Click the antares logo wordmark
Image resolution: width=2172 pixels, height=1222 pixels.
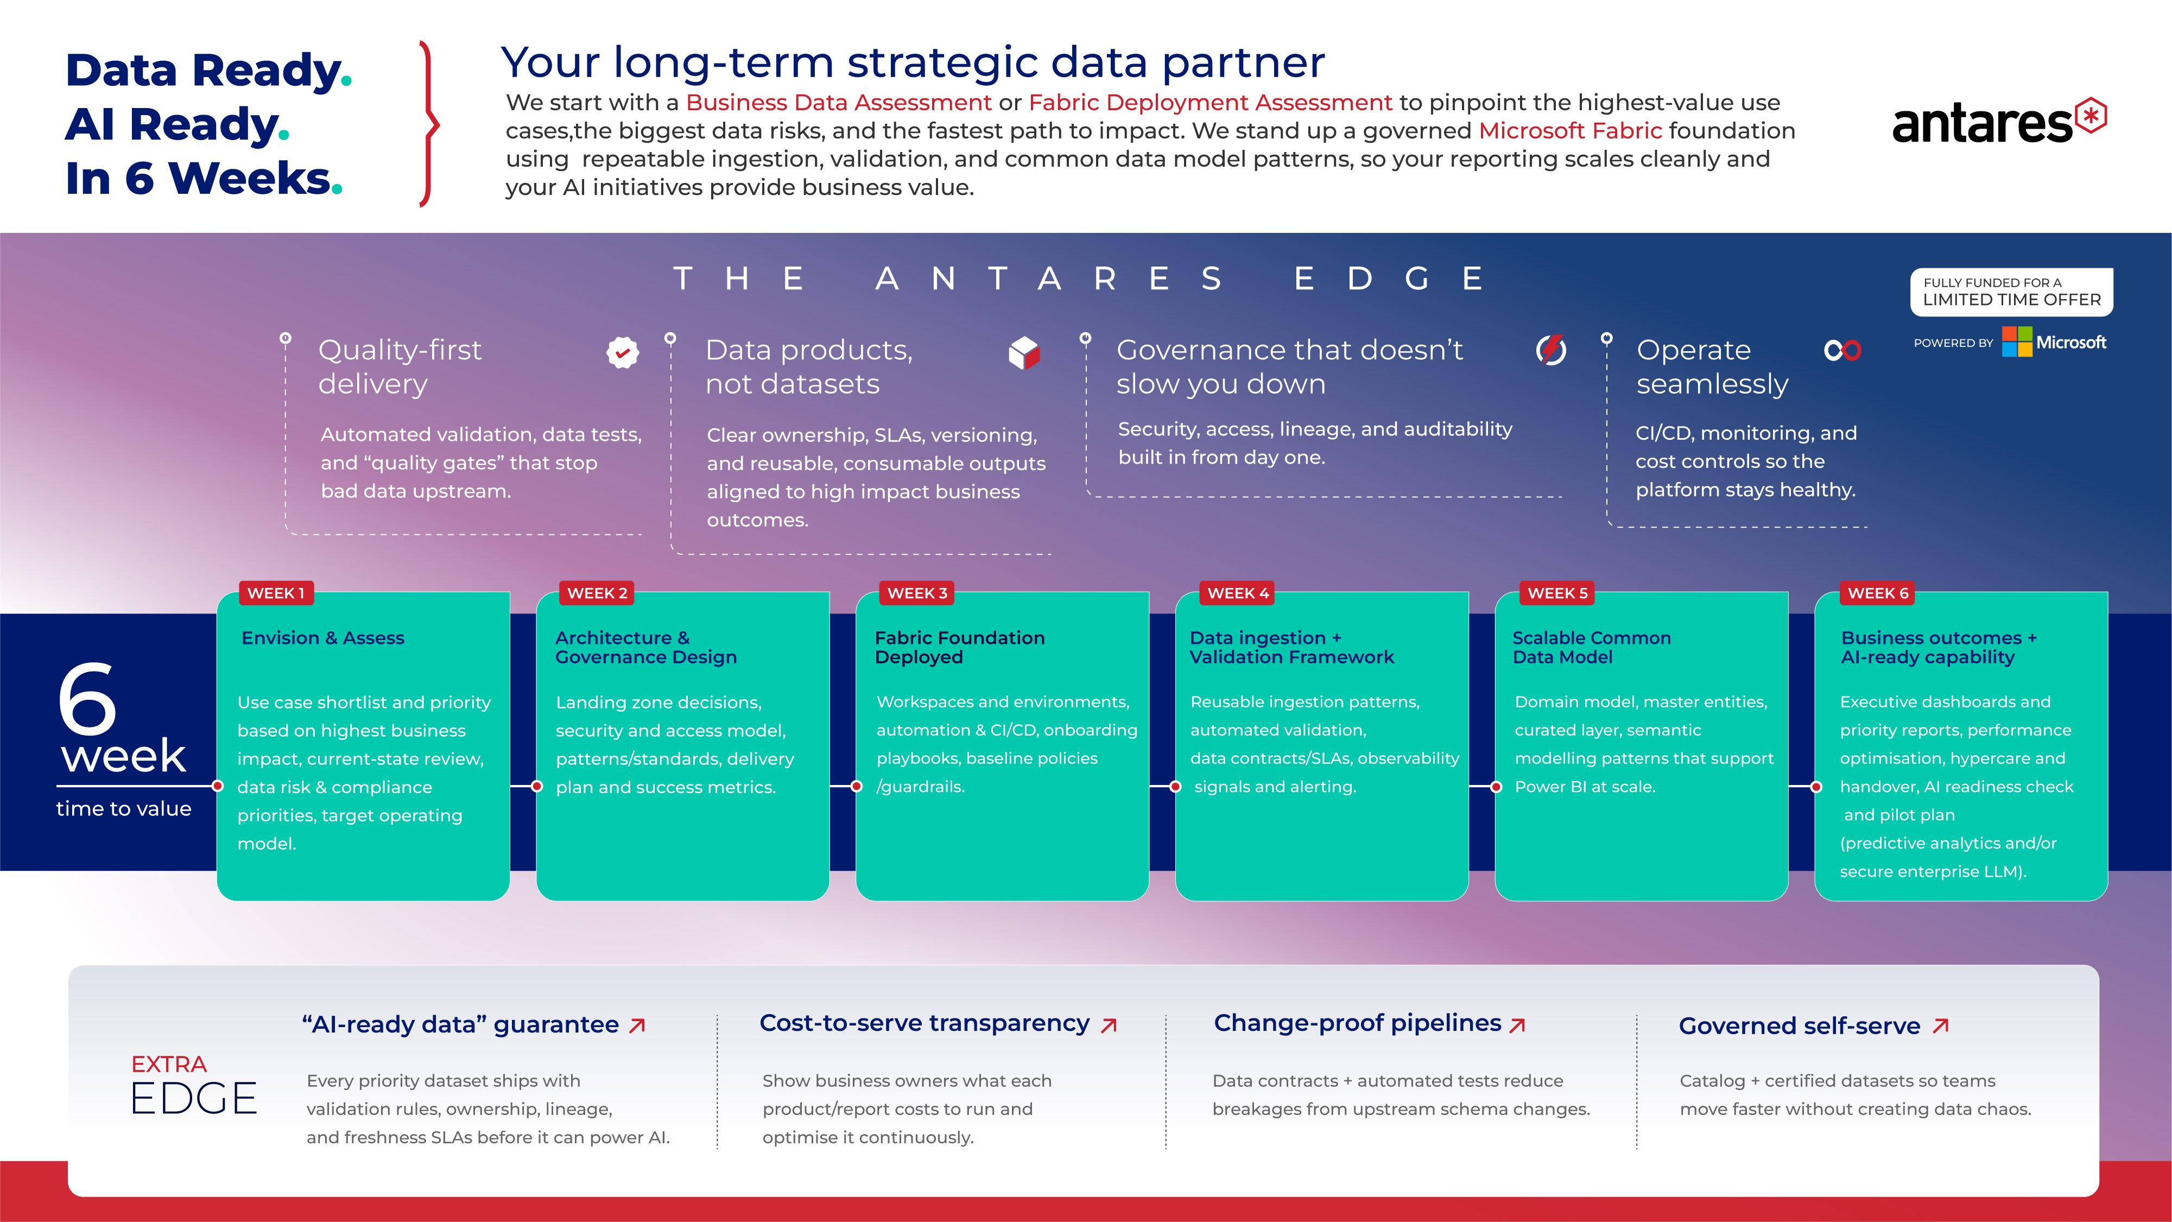(1981, 124)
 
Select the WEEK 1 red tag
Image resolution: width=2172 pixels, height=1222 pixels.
(276, 593)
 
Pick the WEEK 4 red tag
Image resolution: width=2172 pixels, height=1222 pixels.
(1237, 593)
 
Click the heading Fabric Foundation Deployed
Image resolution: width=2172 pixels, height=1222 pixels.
(960, 647)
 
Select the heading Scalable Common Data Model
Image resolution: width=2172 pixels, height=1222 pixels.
(1591, 647)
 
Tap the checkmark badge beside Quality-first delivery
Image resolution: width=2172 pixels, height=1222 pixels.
(622, 352)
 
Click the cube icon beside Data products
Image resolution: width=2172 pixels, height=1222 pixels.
(1024, 352)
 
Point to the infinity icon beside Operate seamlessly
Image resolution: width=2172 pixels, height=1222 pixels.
(1842, 350)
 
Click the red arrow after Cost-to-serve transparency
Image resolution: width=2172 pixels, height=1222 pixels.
(1110, 1024)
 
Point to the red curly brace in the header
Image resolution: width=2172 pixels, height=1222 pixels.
(430, 124)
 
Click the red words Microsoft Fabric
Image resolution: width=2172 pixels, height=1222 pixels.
(1570, 131)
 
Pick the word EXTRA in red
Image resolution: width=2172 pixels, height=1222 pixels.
(169, 1064)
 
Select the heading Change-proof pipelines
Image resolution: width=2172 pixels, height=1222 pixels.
(1358, 1023)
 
